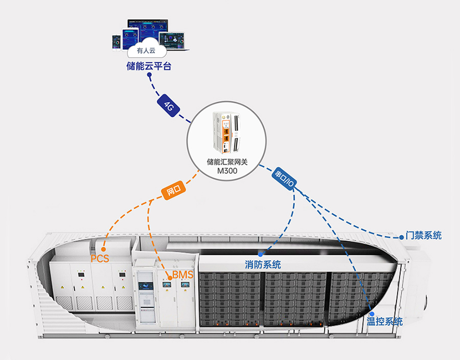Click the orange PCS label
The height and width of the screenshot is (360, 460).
[100, 258]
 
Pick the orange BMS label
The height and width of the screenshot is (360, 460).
[182, 275]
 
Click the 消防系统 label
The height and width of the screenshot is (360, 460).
[263, 264]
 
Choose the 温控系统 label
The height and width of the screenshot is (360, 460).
[384, 322]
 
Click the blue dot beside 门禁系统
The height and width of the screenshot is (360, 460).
[401, 237]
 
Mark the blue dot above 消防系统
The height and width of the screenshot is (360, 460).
[260, 254]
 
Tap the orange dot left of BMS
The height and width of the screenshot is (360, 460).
[169, 277]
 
